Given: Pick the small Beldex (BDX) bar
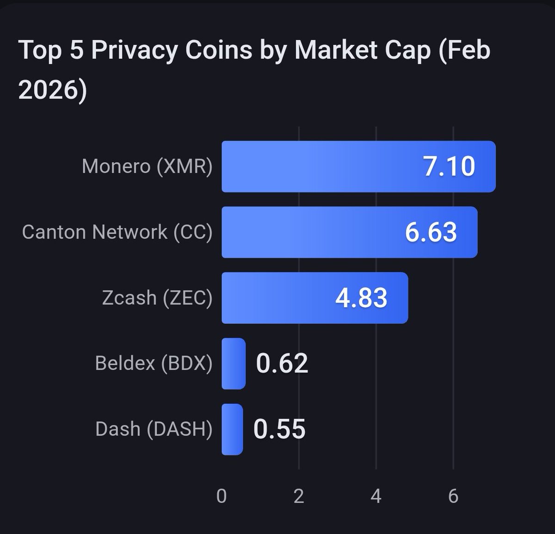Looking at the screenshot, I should (234, 364).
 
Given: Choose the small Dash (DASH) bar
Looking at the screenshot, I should (232, 429).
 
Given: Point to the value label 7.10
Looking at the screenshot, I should (449, 167).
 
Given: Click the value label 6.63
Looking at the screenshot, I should (431, 232).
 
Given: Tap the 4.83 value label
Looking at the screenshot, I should (361, 298).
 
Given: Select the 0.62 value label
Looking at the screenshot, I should (282, 364).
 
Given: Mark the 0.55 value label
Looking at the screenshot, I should (279, 429).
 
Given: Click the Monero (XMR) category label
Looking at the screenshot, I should (147, 167).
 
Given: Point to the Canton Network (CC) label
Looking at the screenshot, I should (117, 232).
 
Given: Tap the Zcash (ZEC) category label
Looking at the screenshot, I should (157, 298).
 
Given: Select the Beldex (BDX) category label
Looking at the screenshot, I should (154, 364).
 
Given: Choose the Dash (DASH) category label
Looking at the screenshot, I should (154, 429).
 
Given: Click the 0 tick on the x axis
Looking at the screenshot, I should (222, 496).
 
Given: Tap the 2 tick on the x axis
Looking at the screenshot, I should (299, 496).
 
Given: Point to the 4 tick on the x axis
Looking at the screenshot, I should (376, 496).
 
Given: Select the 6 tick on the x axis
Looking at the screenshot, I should (453, 496).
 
